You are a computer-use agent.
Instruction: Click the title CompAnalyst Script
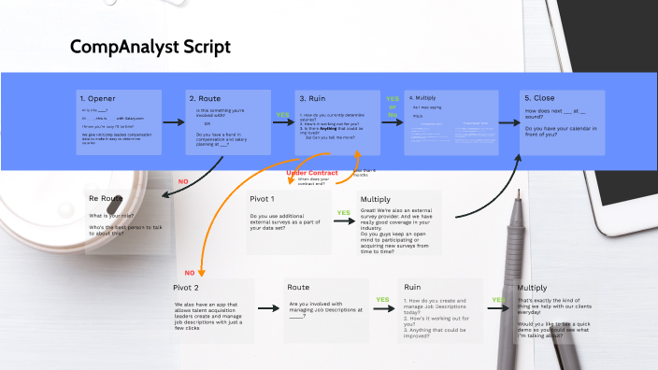pyautogui.click(x=150, y=47)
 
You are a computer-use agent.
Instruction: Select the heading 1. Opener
pyautogui.click(x=98, y=98)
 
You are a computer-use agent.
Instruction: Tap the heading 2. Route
pyautogui.click(x=205, y=98)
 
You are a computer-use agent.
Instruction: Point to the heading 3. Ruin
pyautogui.click(x=313, y=98)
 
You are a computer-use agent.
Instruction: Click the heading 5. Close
pyautogui.click(x=541, y=98)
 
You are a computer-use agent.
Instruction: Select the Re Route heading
pyautogui.click(x=106, y=199)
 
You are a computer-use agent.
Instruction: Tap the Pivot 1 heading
pyautogui.click(x=262, y=199)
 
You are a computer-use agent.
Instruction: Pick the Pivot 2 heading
pyautogui.click(x=186, y=288)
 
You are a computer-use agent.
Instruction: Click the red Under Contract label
pyautogui.click(x=311, y=173)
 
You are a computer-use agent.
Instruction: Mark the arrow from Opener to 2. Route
pyautogui.click(x=174, y=121)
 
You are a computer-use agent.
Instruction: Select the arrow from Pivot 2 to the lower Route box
pyautogui.click(x=268, y=307)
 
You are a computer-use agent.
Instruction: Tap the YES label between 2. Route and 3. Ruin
pyautogui.click(x=282, y=116)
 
